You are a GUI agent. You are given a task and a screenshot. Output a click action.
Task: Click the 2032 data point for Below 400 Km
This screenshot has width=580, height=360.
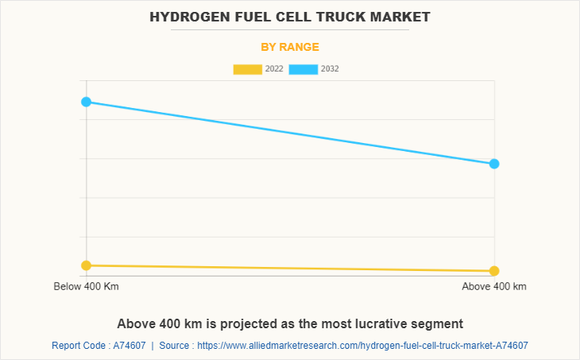86,102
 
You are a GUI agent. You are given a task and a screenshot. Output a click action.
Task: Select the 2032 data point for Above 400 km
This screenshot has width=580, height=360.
494,164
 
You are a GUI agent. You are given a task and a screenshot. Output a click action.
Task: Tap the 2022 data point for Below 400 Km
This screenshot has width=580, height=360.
86,265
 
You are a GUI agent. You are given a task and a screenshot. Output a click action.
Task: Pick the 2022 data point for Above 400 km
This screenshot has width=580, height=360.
494,271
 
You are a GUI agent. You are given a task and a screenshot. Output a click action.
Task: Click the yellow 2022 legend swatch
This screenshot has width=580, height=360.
248,69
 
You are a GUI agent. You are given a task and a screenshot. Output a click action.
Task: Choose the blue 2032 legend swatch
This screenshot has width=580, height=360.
304,69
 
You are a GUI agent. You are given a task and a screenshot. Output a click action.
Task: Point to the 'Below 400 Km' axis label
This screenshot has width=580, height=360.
86,286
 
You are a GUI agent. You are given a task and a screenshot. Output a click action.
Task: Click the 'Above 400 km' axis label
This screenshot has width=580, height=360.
494,286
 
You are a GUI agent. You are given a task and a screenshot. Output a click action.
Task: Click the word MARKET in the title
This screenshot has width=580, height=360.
401,16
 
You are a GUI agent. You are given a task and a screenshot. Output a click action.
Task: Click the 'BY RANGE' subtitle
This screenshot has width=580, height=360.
290,47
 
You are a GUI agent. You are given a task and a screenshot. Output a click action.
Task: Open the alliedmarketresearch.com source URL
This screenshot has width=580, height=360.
362,346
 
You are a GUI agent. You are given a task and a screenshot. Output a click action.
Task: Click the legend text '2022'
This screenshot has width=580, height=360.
274,69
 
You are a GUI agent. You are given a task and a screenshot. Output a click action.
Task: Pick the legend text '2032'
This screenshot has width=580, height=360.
330,69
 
